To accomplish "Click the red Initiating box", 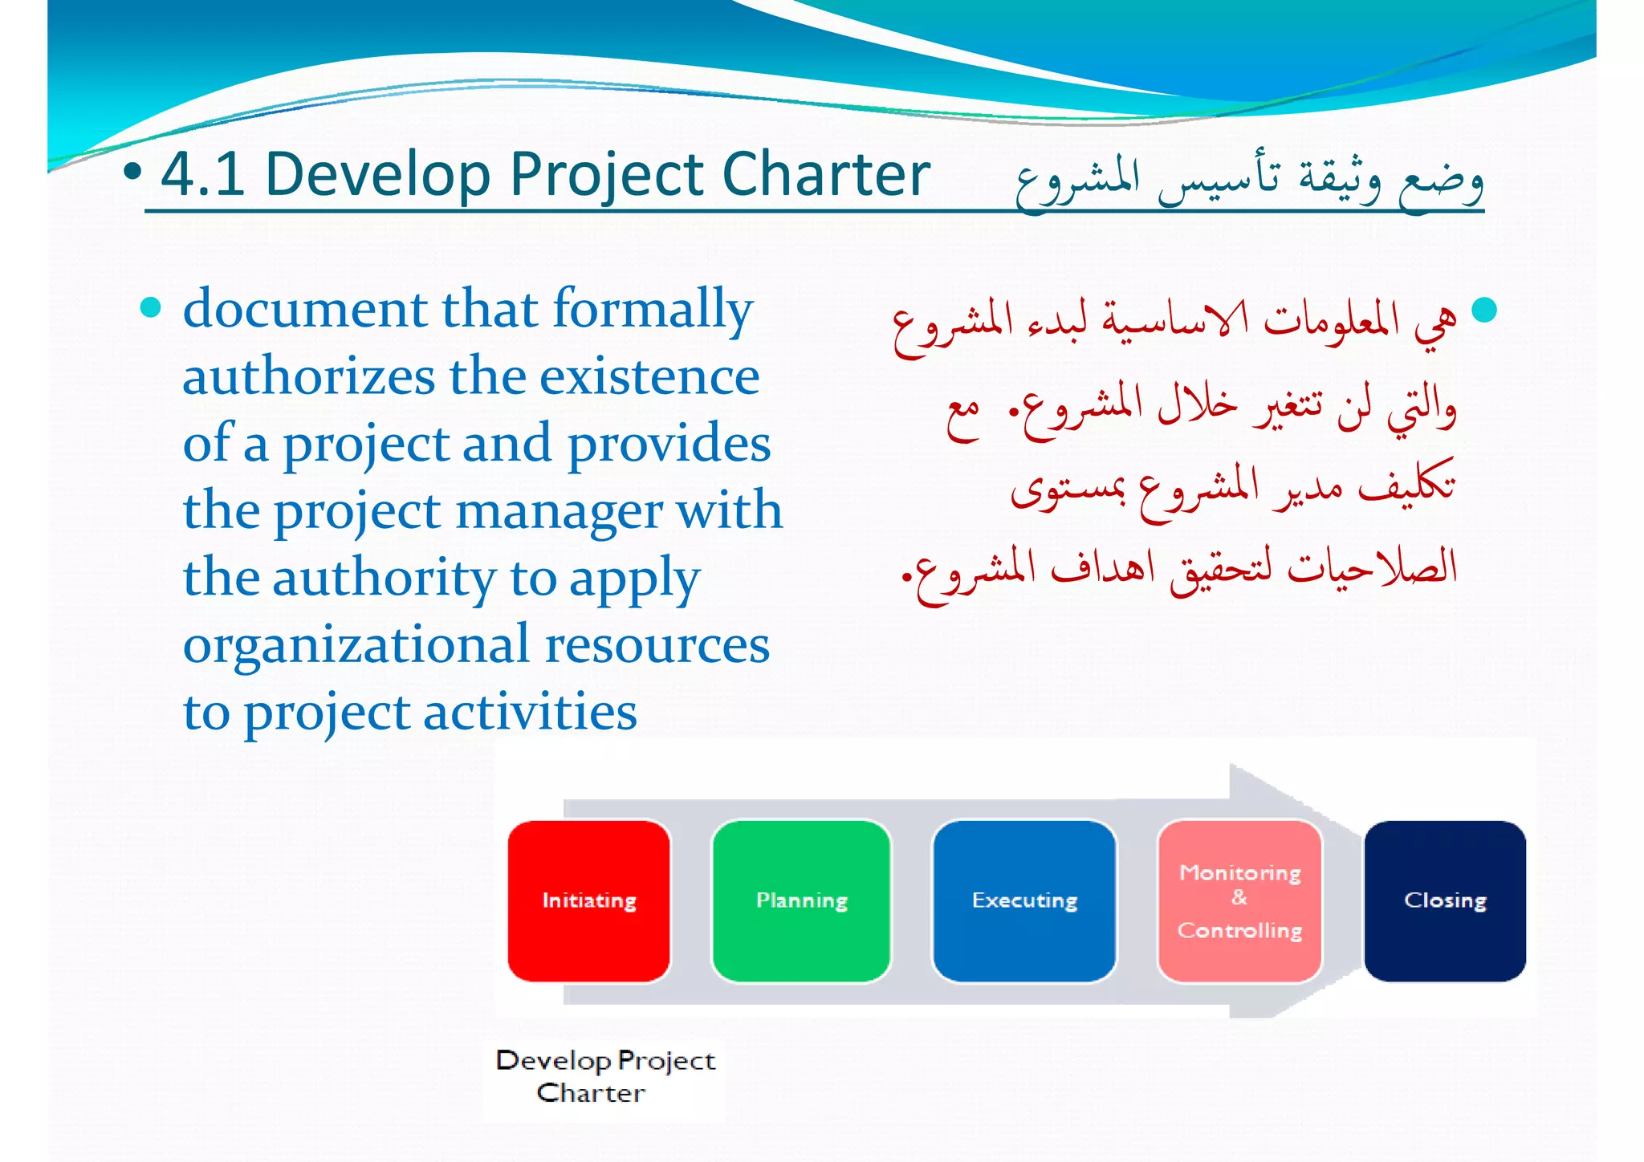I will click(x=588, y=900).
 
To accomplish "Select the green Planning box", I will click(x=801, y=900).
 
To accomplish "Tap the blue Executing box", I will click(x=1024, y=900).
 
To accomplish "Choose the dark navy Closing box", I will click(x=1445, y=900).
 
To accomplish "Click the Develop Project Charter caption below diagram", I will click(x=605, y=1076).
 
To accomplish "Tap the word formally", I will click(x=653, y=310).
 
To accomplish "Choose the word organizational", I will click(x=356, y=645).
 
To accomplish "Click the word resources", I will click(x=657, y=645).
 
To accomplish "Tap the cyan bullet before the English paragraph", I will click(x=150, y=307).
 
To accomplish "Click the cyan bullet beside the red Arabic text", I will click(x=1484, y=310).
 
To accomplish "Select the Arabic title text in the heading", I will click(x=1248, y=178).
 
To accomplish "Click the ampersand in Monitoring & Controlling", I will click(x=1239, y=898).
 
